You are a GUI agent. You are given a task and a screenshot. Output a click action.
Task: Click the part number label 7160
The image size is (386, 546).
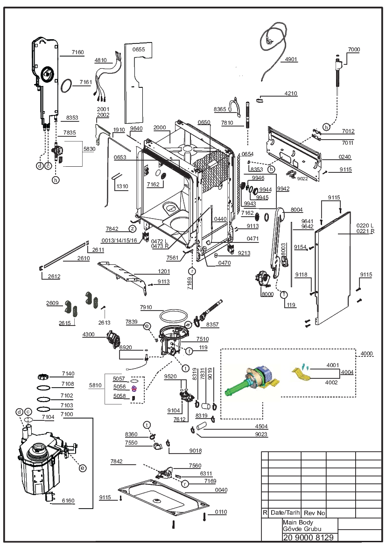pos(77,52)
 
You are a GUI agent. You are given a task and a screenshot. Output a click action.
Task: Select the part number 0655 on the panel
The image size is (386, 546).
pos(139,50)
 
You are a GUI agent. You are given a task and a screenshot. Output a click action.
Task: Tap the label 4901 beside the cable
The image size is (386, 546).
pos(291,59)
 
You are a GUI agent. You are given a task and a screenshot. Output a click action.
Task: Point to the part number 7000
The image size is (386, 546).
pos(354,50)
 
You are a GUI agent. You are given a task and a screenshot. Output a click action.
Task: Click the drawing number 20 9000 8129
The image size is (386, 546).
pos(309,537)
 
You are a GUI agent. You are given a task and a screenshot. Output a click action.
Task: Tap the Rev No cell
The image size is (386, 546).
pos(314,513)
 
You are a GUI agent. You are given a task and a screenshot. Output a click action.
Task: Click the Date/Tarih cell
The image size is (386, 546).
pos(285,512)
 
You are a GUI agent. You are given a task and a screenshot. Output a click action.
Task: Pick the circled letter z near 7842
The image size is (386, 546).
pos(132,229)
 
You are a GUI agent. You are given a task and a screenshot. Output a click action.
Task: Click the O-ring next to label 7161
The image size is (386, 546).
pos(66,85)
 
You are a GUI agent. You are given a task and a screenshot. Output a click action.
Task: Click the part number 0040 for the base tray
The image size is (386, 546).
pos(221,490)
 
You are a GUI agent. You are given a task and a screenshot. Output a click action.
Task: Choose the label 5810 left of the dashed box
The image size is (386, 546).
pos(95,385)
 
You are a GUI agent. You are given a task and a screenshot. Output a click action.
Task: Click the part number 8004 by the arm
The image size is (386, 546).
pos(296,210)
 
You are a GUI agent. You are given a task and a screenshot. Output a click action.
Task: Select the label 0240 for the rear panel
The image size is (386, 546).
pos(344,157)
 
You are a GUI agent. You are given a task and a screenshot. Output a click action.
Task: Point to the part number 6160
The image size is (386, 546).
pos(68,501)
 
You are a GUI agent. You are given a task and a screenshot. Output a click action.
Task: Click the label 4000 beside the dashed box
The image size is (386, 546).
pos(366,354)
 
